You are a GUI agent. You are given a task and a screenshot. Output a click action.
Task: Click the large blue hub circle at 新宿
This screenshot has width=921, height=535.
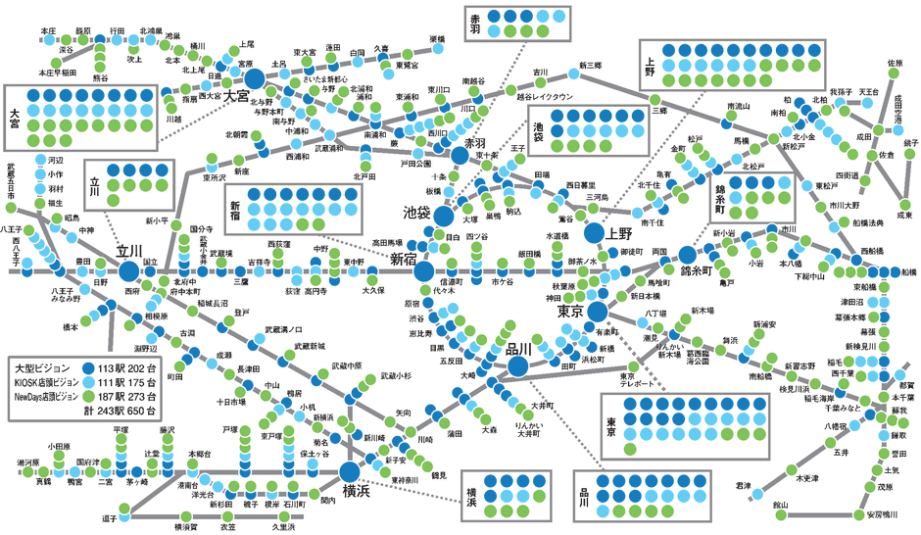[x=423, y=271]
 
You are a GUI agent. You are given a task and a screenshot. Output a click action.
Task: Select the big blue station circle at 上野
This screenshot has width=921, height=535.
[x=595, y=233]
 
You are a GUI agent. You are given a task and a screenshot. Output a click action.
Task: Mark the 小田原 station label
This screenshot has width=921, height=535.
[x=59, y=446]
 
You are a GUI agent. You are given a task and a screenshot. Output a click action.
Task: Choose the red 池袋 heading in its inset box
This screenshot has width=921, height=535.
[x=540, y=129]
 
